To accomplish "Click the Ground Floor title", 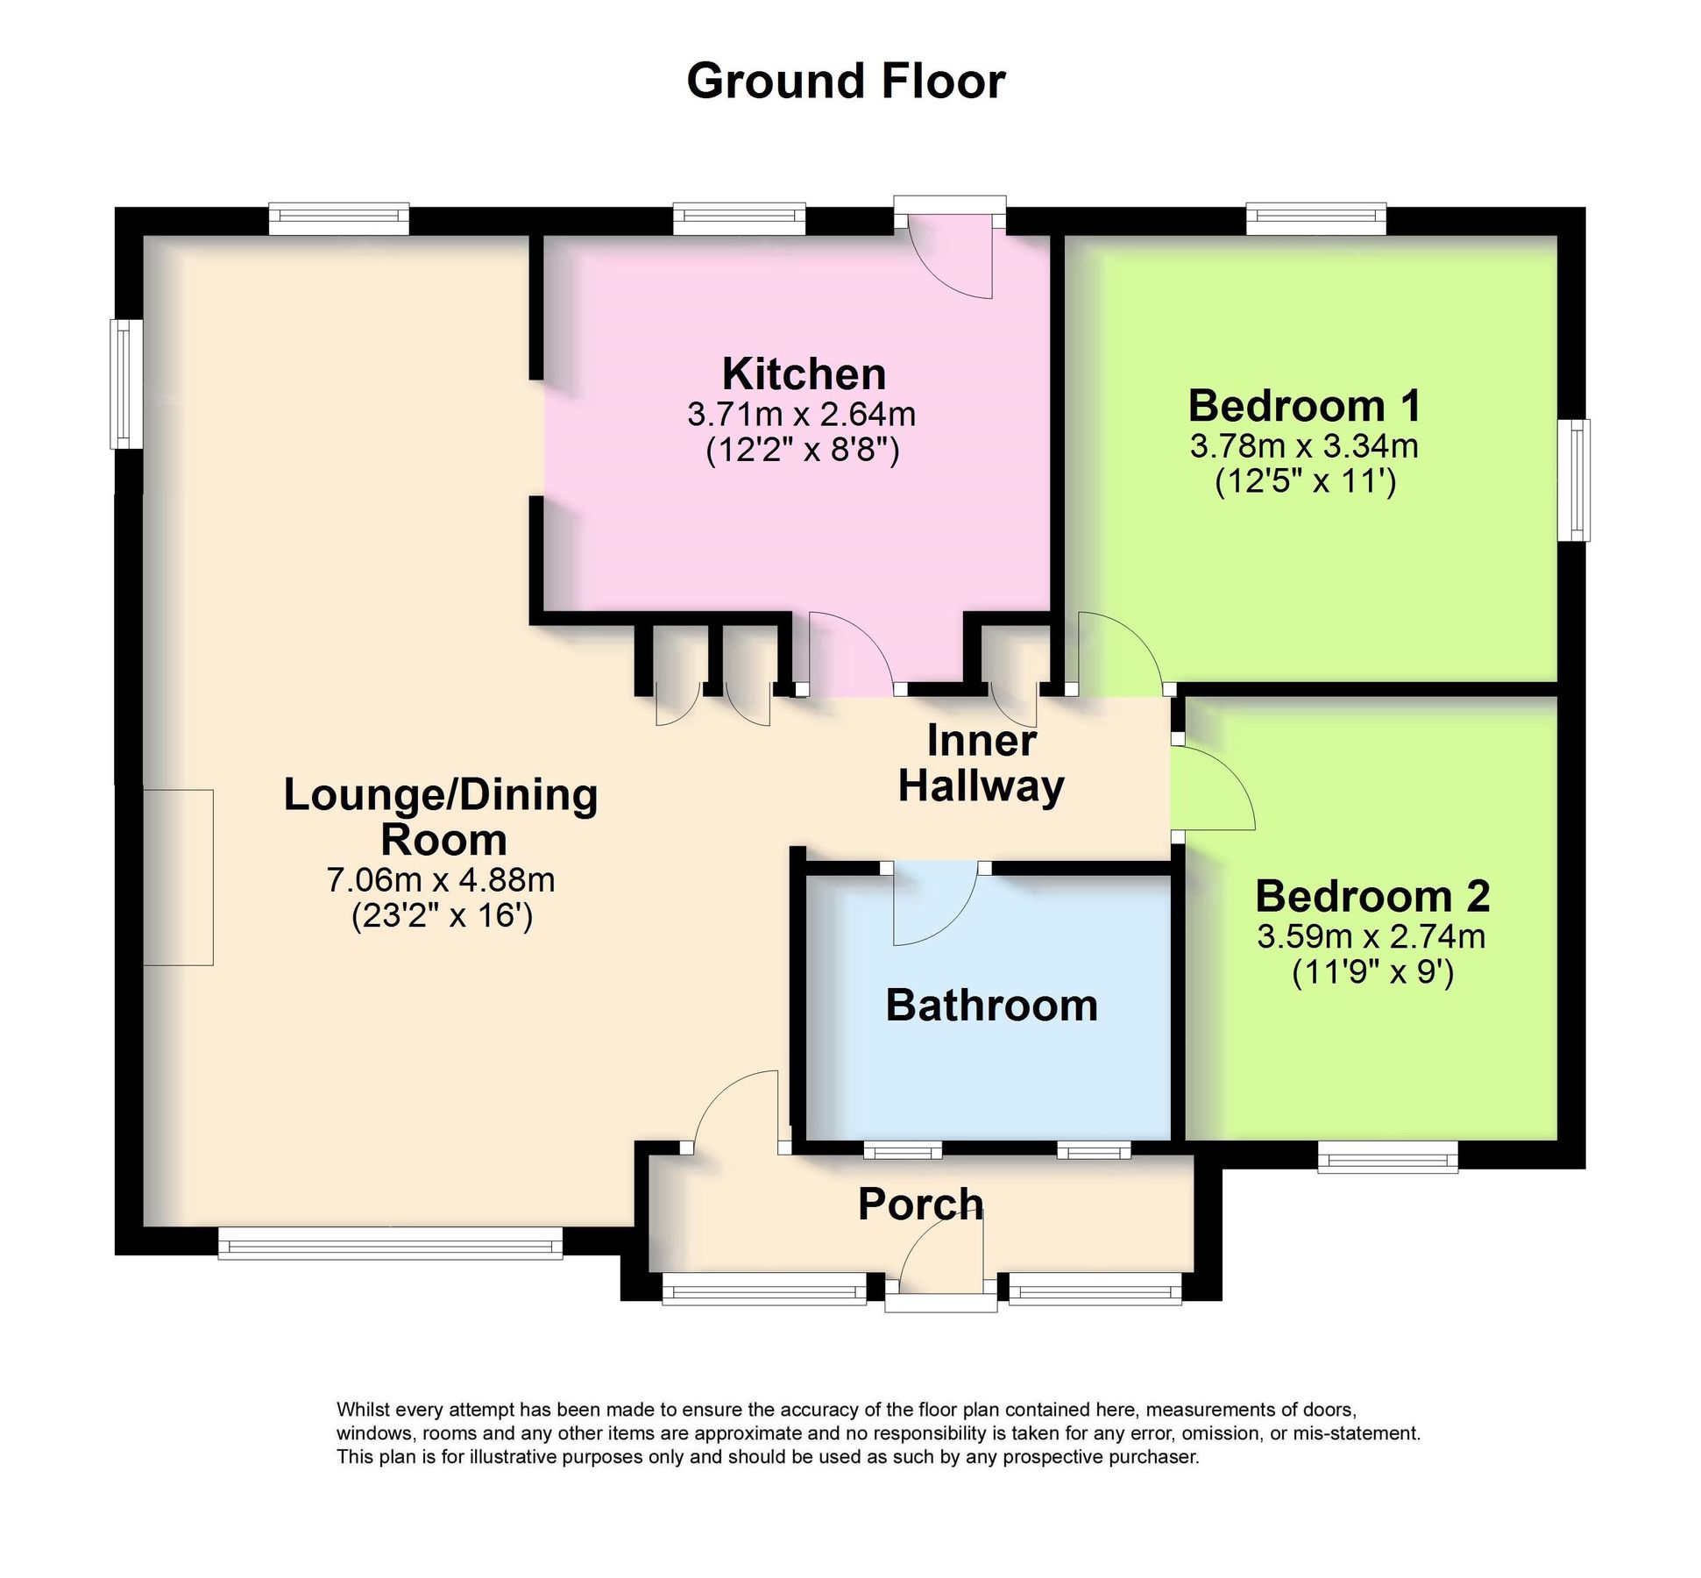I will [845, 82].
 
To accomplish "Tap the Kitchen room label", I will [803, 374].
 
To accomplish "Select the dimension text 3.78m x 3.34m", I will [1303, 446].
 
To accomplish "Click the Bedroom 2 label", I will [1371, 896].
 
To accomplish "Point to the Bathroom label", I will [991, 1005].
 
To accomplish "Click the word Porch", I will [920, 1204].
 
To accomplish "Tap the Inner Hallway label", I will [981, 763].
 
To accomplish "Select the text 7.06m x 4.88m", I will [441, 879].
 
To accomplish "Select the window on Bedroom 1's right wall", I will [1578, 480].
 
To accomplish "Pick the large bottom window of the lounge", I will [390, 1242].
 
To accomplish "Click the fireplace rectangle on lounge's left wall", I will [178, 877].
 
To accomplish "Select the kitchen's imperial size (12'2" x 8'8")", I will [803, 451].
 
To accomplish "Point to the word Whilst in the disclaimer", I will [363, 1411].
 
